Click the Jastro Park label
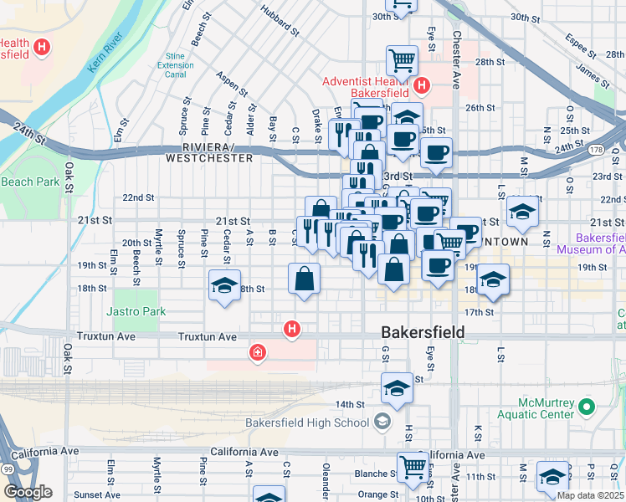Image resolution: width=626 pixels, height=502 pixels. [x=137, y=312]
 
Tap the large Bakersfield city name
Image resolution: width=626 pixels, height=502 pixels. [x=423, y=332]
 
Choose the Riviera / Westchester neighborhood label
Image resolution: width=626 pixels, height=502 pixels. [x=209, y=151]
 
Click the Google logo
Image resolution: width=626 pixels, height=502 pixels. [x=28, y=492]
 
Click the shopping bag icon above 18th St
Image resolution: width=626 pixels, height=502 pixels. [x=305, y=279]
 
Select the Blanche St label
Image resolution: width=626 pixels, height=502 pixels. [x=371, y=473]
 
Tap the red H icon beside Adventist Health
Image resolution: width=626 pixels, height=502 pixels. [x=422, y=85]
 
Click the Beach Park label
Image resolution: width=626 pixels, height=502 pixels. [x=30, y=182]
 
